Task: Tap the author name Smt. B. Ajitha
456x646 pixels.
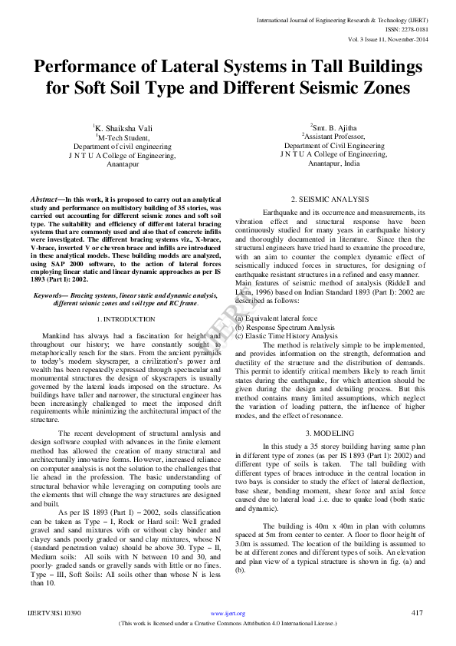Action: [x=334, y=127]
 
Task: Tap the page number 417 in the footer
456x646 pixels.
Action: [x=417, y=634]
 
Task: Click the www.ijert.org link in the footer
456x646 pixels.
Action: [x=228, y=634]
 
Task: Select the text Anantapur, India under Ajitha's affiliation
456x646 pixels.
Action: [x=333, y=163]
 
